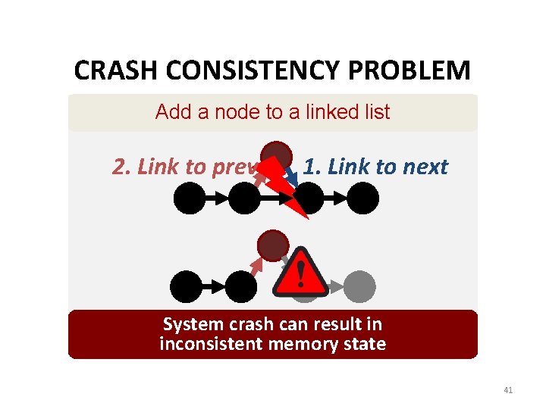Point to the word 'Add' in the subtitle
(x=172, y=112)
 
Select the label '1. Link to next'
(x=375, y=167)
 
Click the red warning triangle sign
(x=300, y=273)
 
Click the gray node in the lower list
(x=359, y=287)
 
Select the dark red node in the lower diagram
(x=272, y=246)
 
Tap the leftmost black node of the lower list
(x=187, y=287)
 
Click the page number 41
(x=508, y=390)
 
